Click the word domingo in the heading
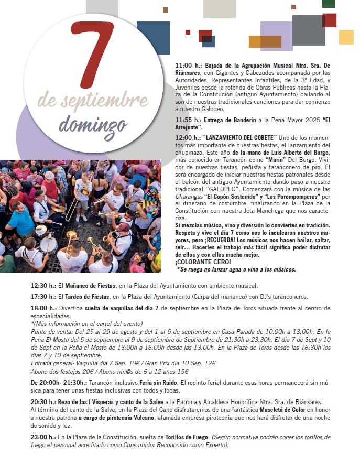coord(93,124)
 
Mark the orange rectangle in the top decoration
coord(265,41)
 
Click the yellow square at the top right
coord(346,37)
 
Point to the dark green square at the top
coord(329,4)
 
